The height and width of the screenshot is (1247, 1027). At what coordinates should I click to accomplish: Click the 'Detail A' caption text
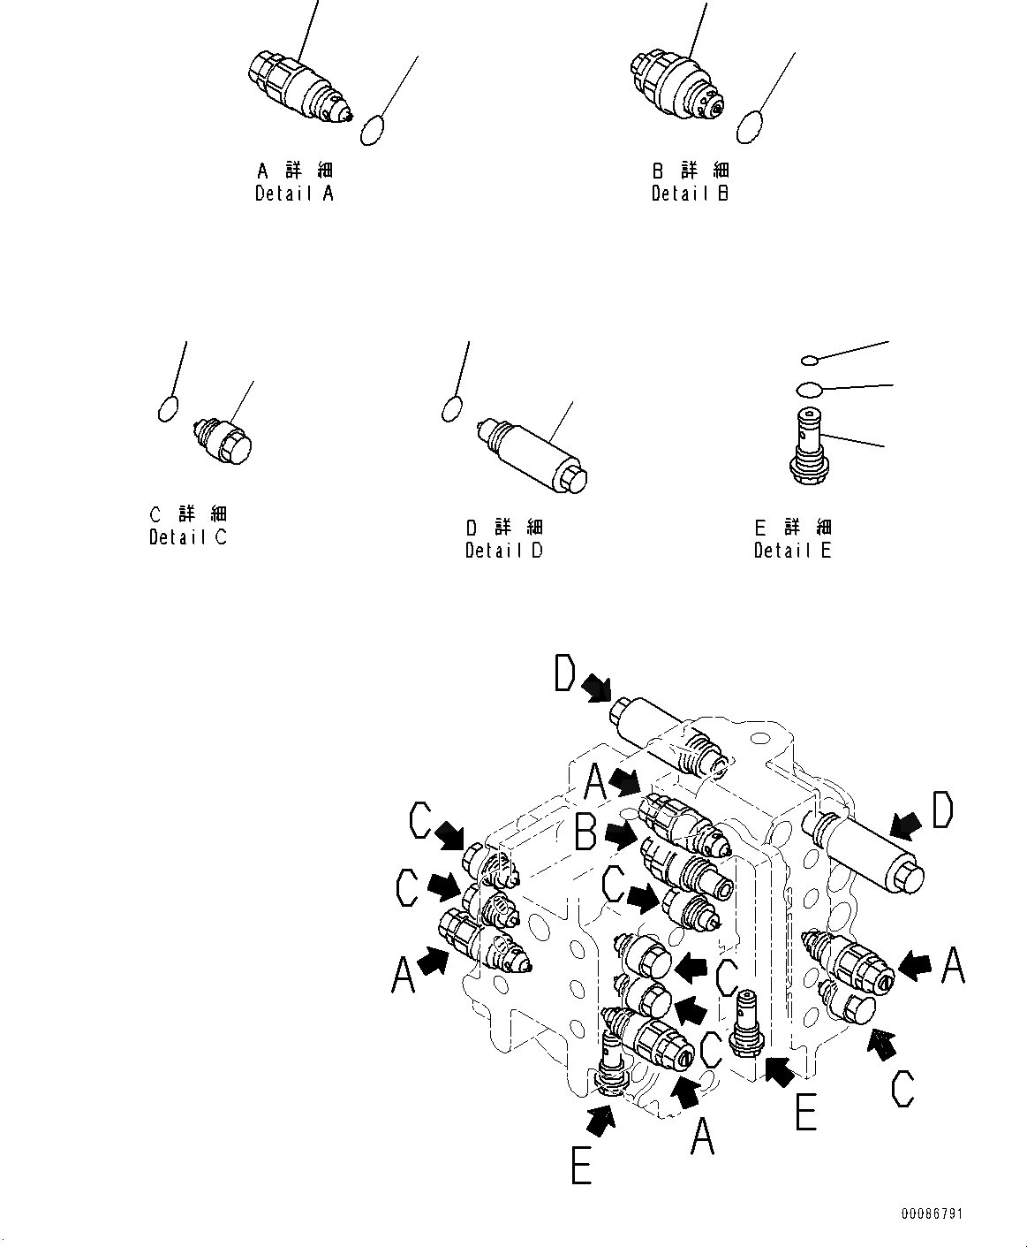294,194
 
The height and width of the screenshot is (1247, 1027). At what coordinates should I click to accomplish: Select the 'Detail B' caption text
690,194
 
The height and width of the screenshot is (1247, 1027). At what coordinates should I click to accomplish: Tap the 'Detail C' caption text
188,536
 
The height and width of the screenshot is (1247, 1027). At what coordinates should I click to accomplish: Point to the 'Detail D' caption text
504,551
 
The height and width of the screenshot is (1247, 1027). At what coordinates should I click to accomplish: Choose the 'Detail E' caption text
792,551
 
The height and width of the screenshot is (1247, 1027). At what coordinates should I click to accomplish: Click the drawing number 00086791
932,1213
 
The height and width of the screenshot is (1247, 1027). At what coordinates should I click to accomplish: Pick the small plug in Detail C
224,438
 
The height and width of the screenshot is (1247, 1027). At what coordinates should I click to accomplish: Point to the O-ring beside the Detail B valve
750,126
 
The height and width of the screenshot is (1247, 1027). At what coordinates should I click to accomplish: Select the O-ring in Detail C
169,409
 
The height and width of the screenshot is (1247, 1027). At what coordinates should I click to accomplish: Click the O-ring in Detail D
451,407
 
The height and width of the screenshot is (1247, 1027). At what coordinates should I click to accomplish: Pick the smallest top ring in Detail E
811,360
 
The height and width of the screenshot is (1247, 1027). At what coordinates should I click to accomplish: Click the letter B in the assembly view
586,832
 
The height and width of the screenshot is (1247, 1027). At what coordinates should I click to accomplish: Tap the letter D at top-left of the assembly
566,676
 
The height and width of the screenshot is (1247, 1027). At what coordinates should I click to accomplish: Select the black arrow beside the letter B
621,833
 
